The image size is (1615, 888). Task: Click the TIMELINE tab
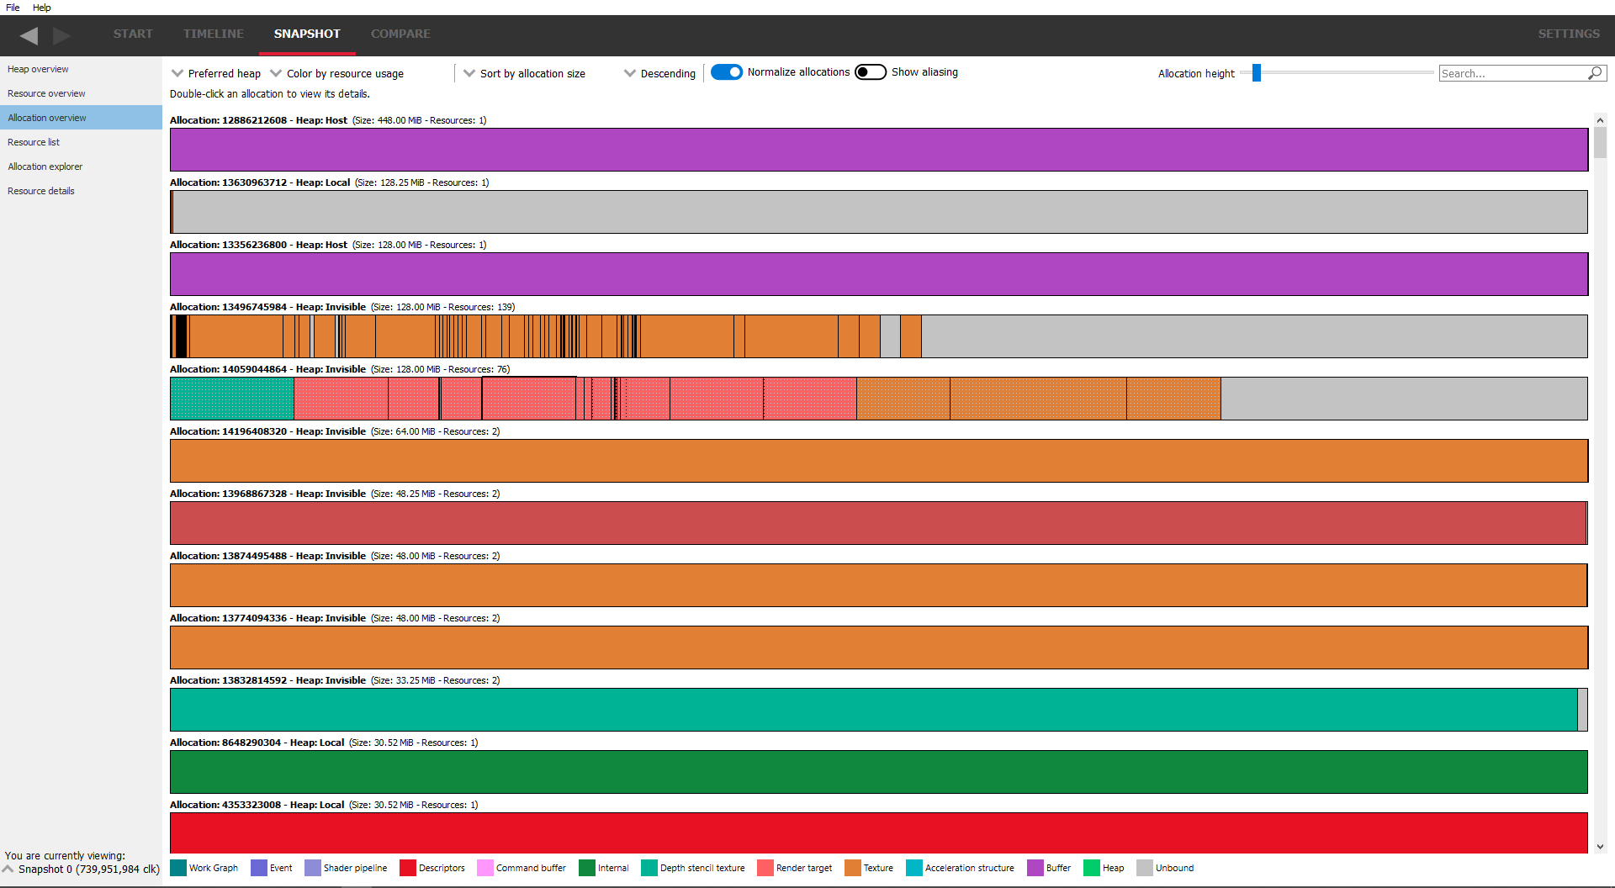point(214,34)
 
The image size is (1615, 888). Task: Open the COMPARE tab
point(400,34)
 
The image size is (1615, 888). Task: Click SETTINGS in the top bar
point(1569,34)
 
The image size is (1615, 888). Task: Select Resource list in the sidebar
point(34,142)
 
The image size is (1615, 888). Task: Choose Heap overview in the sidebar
point(38,69)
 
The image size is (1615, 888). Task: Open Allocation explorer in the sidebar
point(45,166)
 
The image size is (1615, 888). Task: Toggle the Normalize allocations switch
point(727,72)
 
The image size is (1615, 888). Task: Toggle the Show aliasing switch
point(871,72)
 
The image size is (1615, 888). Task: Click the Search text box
point(1512,73)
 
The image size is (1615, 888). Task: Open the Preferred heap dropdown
point(216,73)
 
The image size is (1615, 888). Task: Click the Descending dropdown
point(660,73)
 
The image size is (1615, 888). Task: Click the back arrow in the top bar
point(29,35)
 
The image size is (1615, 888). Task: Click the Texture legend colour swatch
point(853,868)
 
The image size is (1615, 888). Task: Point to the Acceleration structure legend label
point(969,868)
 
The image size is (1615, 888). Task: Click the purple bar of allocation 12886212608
point(879,150)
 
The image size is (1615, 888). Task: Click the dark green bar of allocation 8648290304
point(879,772)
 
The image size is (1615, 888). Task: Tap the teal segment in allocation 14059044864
point(232,399)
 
